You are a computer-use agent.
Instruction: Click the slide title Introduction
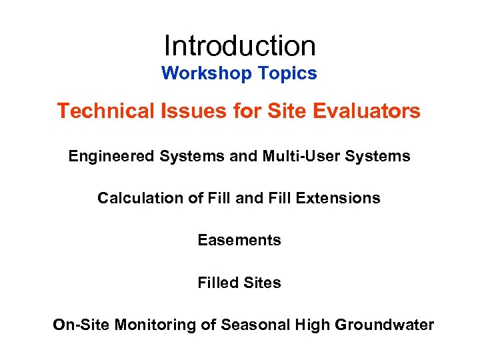[x=239, y=46]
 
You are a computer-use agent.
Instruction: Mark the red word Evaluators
[x=363, y=111]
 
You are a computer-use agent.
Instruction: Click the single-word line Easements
[x=239, y=240]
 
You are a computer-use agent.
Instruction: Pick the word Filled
[x=217, y=283]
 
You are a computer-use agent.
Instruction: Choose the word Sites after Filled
[x=262, y=283]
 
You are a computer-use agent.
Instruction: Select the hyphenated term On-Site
[x=81, y=325]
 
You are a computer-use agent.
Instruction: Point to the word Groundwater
[x=385, y=325]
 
